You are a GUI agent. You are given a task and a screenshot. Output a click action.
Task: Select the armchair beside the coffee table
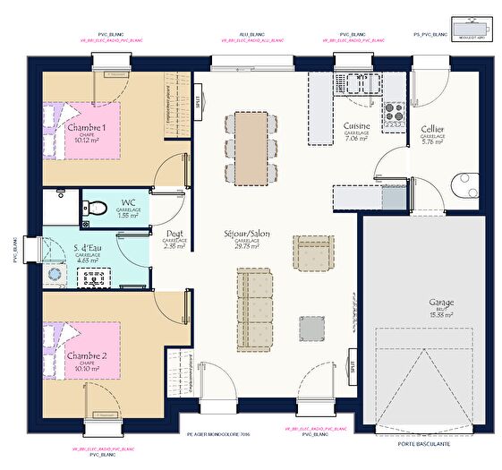click(x=313, y=253)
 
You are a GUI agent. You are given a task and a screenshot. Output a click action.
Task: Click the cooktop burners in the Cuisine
click(x=393, y=112)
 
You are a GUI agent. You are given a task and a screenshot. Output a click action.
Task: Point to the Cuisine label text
click(x=357, y=126)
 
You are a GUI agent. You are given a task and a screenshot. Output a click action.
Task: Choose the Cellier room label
click(x=433, y=129)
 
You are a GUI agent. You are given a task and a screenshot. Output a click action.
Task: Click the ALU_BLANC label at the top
click(x=251, y=33)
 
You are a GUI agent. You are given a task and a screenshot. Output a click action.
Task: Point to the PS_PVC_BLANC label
click(x=430, y=33)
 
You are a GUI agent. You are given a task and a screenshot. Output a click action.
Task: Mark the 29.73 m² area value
click(x=248, y=246)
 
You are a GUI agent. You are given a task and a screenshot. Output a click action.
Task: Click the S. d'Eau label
click(x=88, y=246)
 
